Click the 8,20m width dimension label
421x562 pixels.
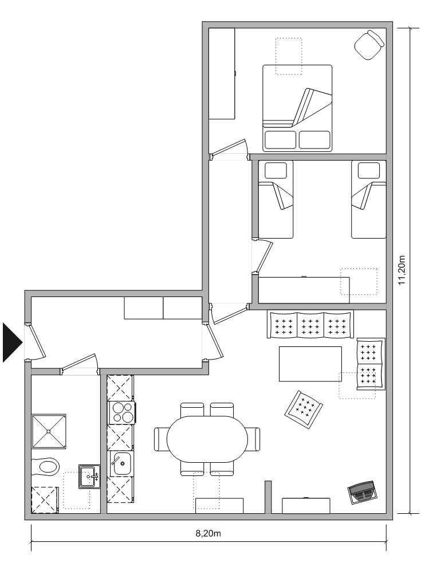pyautogui.click(x=208, y=533)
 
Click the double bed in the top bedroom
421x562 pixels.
pyautogui.click(x=297, y=108)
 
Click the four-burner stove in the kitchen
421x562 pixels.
pyautogui.click(x=121, y=412)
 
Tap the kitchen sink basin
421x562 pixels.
pyautogui.click(x=121, y=463)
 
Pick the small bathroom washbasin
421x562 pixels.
pyautogui.click(x=88, y=477)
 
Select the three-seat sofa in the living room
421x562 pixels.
pyautogui.click(x=310, y=325)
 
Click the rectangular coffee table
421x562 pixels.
pyautogui.click(x=310, y=364)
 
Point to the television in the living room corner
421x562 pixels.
pyautogui.click(x=362, y=492)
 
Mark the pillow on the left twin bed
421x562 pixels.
pyautogui.click(x=276, y=170)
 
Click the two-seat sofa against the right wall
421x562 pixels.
pyautogui.click(x=370, y=364)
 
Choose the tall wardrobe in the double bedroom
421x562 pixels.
pyautogui.click(x=222, y=73)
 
